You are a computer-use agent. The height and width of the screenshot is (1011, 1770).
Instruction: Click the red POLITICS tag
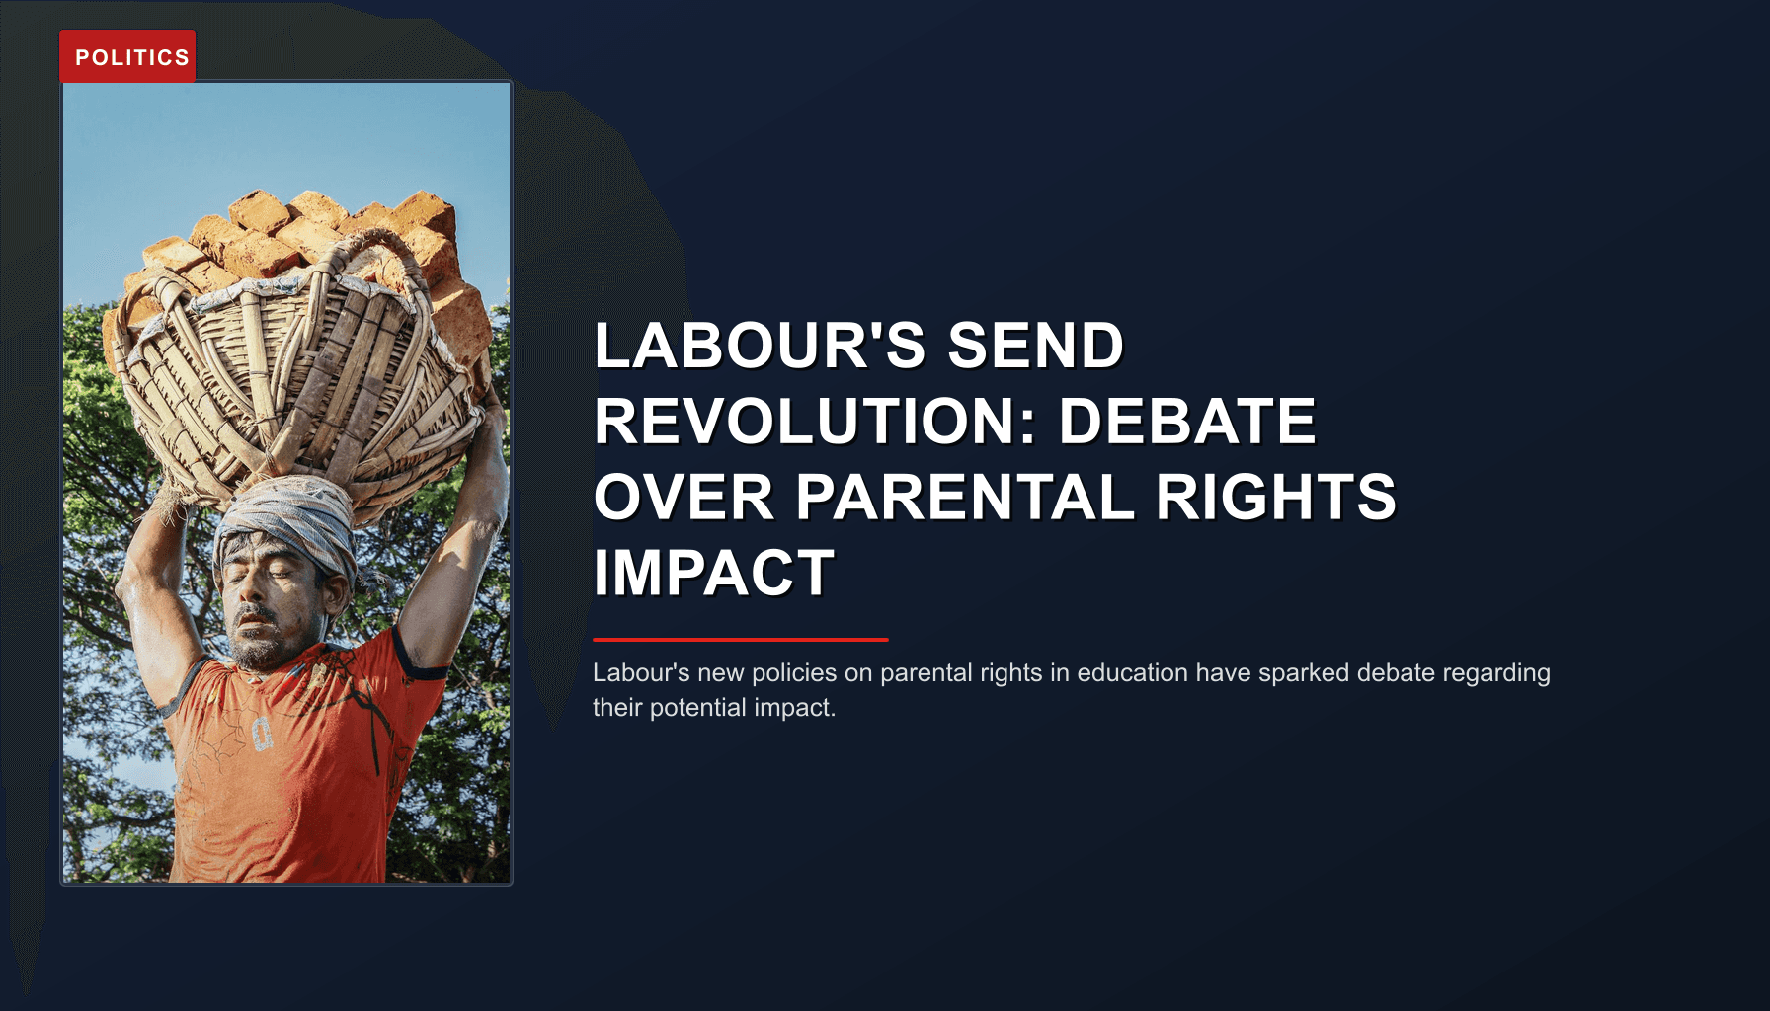point(127,57)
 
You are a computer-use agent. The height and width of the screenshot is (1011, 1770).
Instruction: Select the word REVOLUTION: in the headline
point(815,422)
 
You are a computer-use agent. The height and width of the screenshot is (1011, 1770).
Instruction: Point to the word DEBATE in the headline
point(1187,422)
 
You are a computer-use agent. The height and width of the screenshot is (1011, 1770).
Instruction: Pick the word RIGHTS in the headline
point(1275,497)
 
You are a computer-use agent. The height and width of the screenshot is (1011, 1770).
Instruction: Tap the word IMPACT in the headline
point(714,573)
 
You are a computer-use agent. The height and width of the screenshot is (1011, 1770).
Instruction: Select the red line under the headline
point(741,640)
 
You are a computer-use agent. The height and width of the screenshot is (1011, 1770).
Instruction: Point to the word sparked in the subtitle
point(1303,673)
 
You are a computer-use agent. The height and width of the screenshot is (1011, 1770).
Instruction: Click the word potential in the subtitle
point(700,708)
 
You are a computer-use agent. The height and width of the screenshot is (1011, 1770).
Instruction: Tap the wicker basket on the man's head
point(296,385)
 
